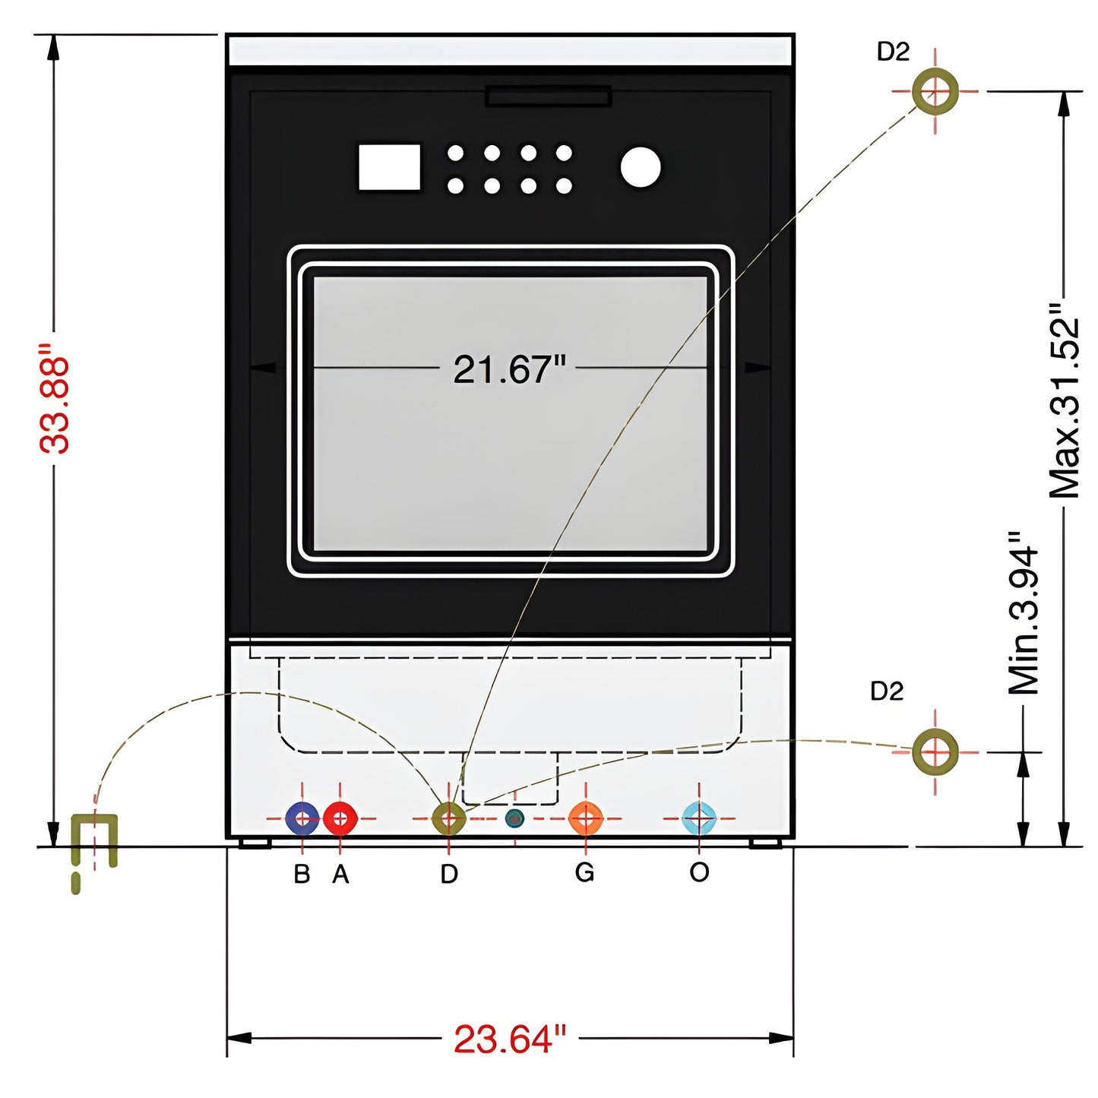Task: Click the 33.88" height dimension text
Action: [55, 399]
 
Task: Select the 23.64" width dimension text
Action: [509, 1039]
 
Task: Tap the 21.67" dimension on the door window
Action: [509, 369]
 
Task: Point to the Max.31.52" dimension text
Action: [1064, 401]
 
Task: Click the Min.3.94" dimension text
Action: [1024, 613]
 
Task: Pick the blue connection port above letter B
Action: [302, 818]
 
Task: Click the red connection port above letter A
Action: [340, 818]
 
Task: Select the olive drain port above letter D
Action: [448, 818]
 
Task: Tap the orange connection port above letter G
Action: [585, 818]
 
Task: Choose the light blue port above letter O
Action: [699, 818]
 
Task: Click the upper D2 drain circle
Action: [935, 91]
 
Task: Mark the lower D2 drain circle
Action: [935, 752]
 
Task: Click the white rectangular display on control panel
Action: [389, 167]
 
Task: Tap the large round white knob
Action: [641, 167]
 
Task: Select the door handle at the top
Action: [548, 97]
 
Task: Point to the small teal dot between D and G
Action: [514, 818]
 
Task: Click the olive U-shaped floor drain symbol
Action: [95, 840]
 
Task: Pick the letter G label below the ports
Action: [584, 872]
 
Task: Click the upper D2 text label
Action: [893, 52]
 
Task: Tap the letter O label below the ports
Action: [699, 872]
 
